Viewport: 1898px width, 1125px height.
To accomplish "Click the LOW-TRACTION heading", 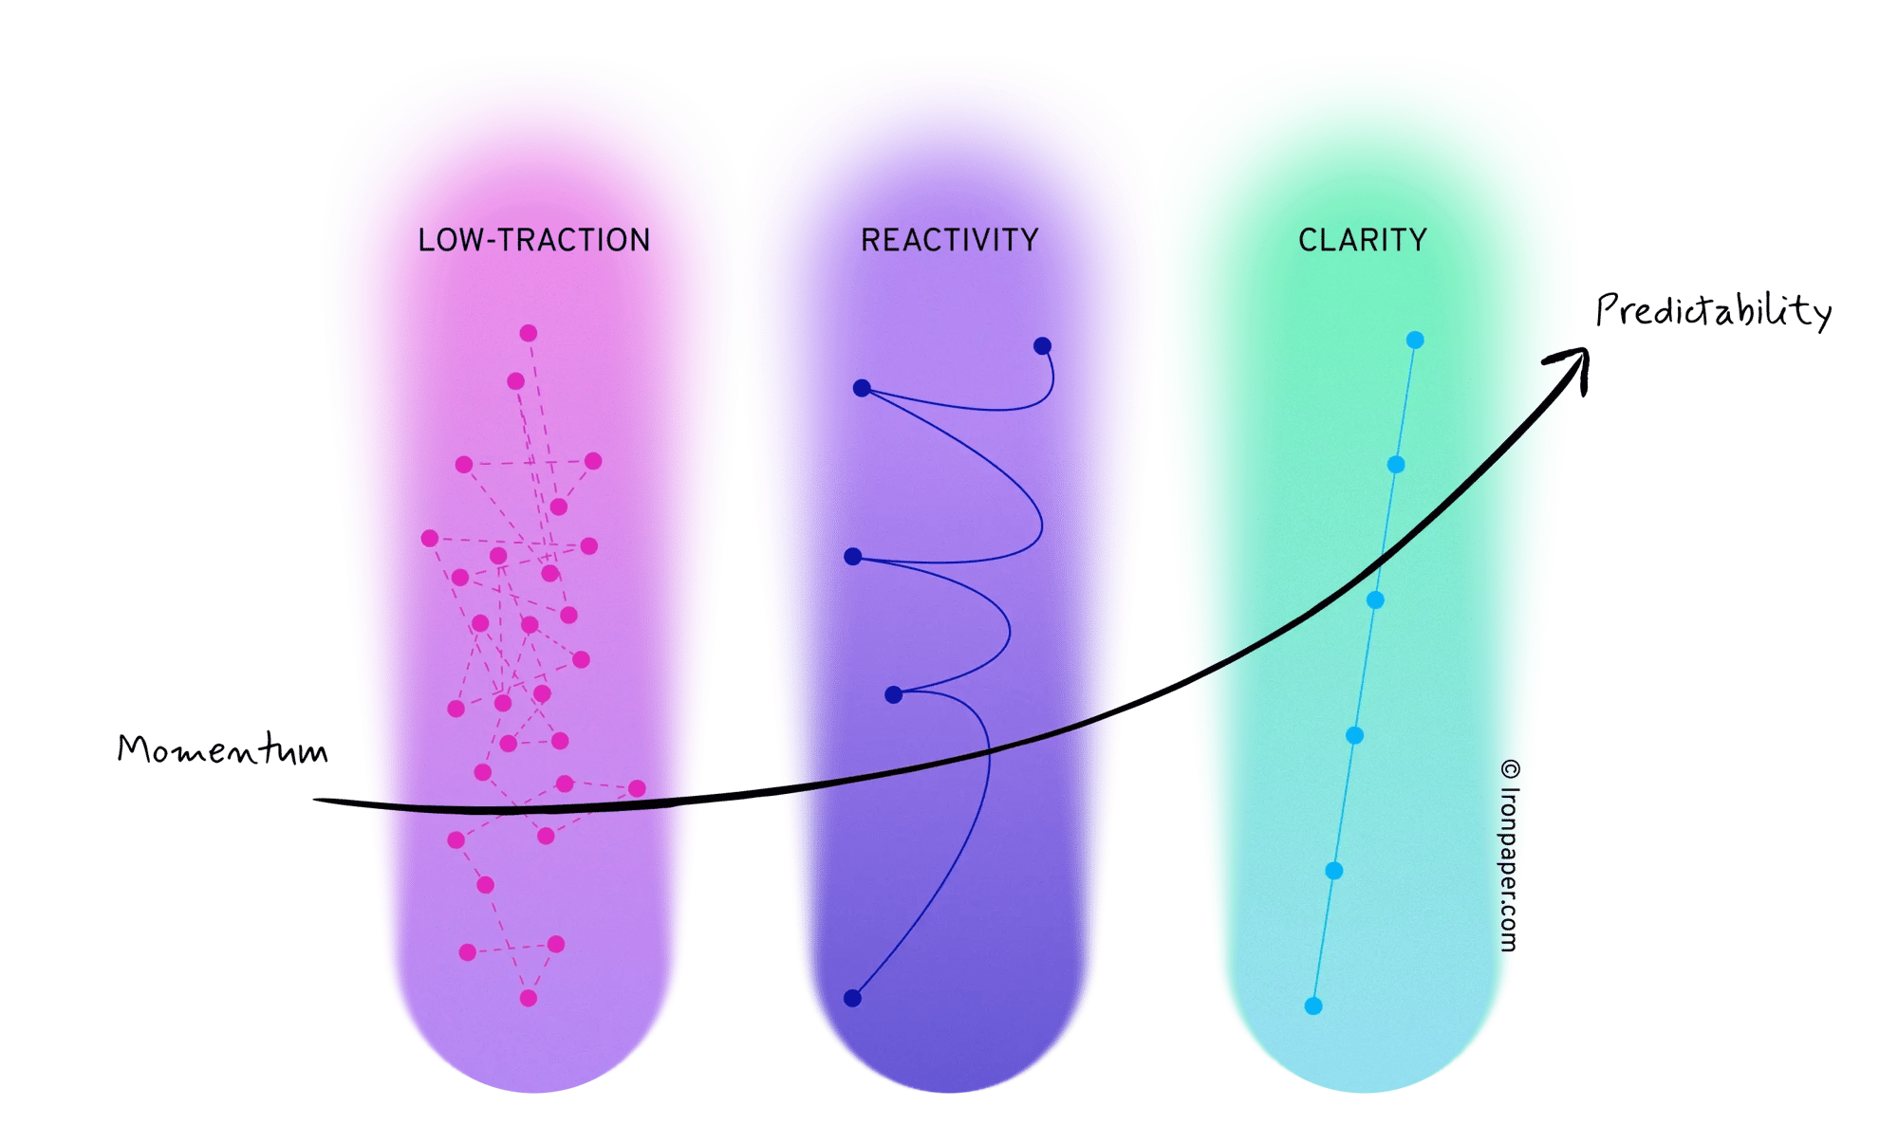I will [534, 240].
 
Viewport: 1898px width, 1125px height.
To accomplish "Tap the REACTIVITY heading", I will [949, 240].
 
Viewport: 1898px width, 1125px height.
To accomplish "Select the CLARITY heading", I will [1363, 240].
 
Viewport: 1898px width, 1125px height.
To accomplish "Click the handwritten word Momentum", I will [222, 749].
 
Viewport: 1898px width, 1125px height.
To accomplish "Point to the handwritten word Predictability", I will [1713, 310].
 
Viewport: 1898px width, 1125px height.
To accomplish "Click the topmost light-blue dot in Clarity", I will [1415, 340].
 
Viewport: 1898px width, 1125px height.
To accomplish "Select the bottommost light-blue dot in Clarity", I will [1313, 1005].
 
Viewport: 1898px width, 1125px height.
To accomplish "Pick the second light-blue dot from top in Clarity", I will [1396, 465].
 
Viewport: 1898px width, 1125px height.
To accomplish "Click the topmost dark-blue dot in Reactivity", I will [1042, 345].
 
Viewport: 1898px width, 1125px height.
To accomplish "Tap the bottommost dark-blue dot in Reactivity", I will [852, 998].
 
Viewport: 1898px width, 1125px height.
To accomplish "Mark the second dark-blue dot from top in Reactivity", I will [862, 388].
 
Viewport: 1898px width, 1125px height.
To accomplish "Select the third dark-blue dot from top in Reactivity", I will [853, 557].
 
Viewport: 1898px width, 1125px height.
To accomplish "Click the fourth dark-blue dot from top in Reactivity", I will [893, 695].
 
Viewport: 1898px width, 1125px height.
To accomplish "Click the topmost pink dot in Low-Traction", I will [529, 333].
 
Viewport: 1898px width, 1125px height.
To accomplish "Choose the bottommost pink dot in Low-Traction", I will [529, 998].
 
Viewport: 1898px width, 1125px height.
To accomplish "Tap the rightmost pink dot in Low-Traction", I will [637, 788].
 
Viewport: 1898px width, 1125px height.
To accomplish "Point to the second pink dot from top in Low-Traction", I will [515, 381].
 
